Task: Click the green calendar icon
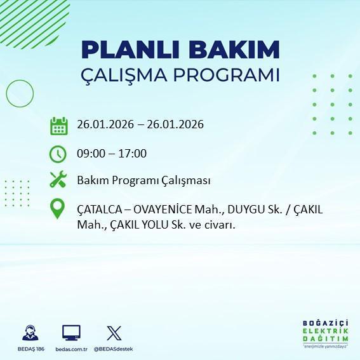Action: pos(59,125)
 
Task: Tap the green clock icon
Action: pos(58,154)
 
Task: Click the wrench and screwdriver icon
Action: pos(58,180)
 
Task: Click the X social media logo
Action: pos(114,332)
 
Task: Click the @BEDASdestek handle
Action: pos(114,349)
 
